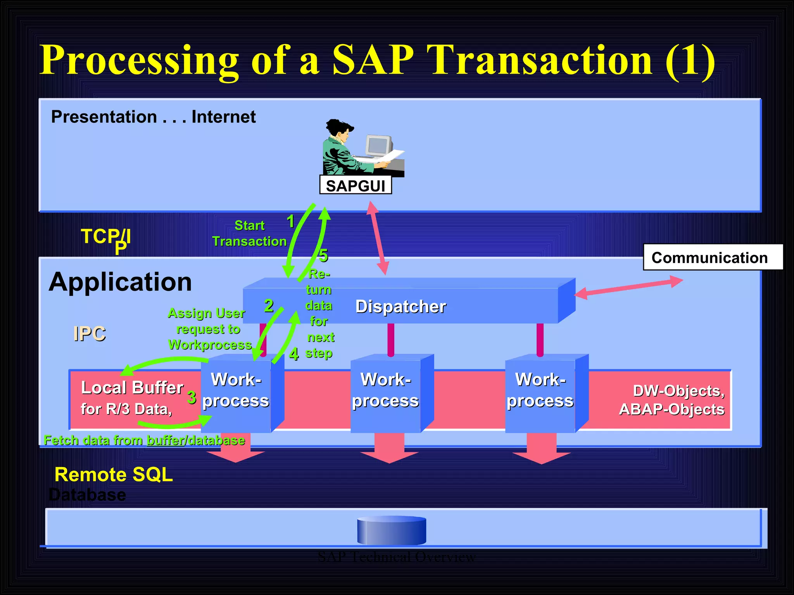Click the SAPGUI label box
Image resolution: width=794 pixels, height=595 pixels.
coord(355,186)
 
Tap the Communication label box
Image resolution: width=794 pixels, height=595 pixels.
coord(712,258)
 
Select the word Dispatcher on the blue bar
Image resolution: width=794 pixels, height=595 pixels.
coord(400,306)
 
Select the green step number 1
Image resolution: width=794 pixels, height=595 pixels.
coord(290,222)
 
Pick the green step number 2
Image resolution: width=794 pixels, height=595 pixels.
coord(269,306)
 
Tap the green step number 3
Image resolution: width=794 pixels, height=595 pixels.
coord(192,397)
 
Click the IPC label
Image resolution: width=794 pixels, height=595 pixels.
coord(90,334)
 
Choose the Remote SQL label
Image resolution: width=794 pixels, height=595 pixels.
coord(114,475)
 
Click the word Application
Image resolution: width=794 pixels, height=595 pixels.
coord(120,282)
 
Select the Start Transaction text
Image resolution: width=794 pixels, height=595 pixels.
coord(249,234)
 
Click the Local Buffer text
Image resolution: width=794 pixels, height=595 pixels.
coord(132,388)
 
